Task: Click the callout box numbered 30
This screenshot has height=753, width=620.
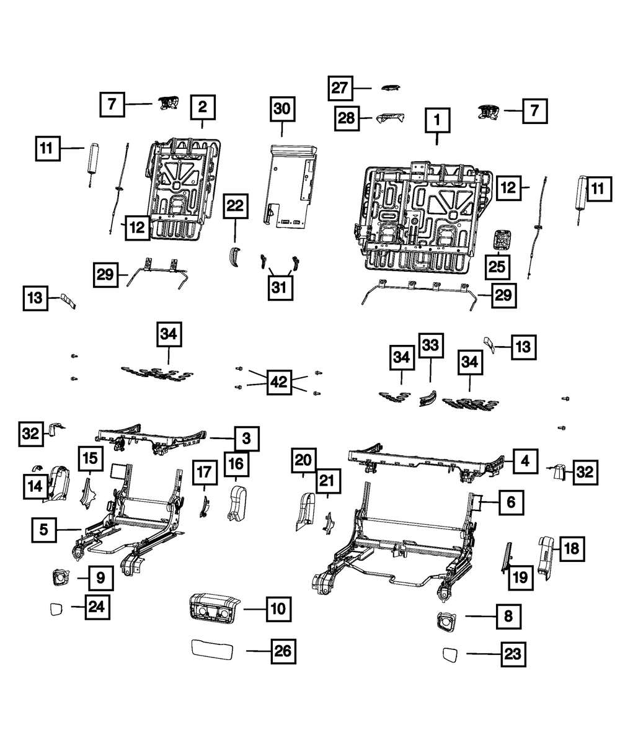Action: [282, 109]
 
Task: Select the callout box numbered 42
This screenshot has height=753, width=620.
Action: [280, 382]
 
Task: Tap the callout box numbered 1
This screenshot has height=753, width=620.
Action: [437, 120]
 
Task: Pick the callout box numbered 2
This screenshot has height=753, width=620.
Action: [203, 107]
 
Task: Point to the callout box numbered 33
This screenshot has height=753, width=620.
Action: [430, 345]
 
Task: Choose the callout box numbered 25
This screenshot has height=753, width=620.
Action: [497, 267]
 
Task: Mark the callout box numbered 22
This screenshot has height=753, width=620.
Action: [236, 206]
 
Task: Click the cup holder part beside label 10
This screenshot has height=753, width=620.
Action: [213, 608]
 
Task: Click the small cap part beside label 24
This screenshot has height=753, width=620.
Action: [56, 609]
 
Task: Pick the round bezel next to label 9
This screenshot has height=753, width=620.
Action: [61, 577]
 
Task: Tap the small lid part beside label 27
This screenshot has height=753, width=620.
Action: [391, 87]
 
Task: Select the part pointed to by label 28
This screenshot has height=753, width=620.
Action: [390, 118]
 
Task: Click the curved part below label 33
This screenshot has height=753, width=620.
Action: [428, 399]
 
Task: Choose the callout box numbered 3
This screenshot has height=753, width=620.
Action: [247, 439]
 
